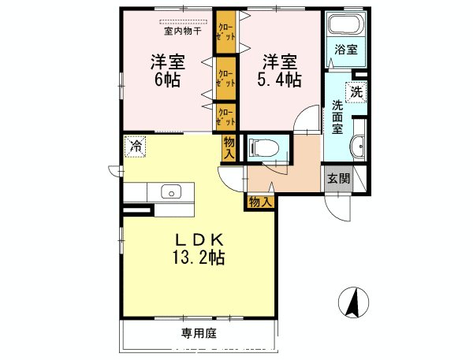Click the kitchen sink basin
170,191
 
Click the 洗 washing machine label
357,91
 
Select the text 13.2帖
197,257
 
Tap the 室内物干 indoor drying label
182,32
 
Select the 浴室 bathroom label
345,50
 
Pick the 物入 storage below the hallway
260,202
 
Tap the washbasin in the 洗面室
359,146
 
